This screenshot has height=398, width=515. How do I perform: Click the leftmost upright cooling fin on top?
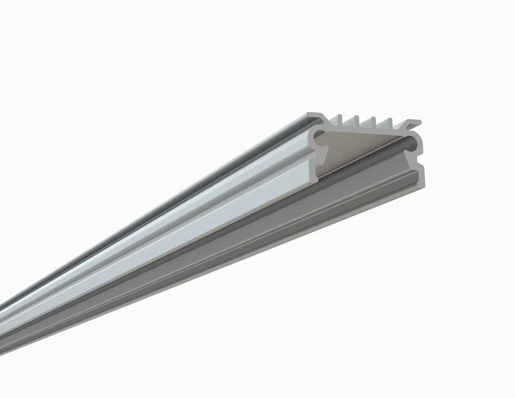coord(340,120)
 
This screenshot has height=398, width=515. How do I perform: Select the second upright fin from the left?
coord(357,121)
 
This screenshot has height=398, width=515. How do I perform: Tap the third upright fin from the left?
coord(374,122)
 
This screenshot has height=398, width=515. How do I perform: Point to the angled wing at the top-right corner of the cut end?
coord(413,123)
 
